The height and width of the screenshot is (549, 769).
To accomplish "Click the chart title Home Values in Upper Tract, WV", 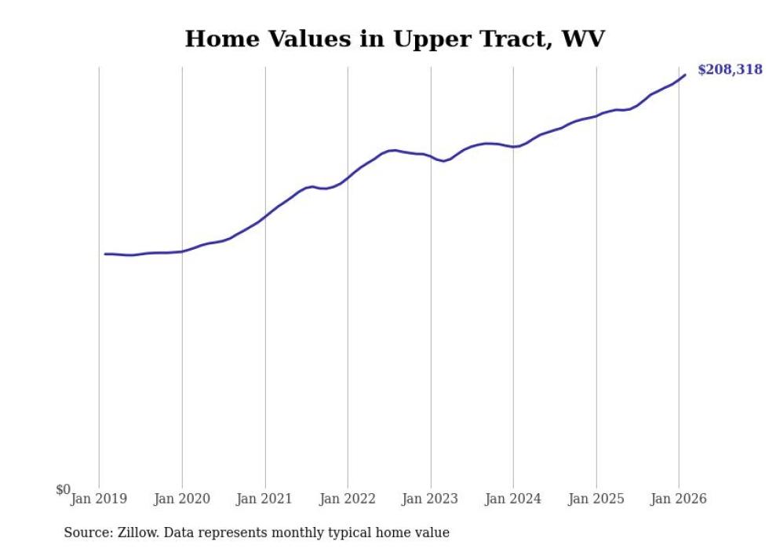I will tap(395, 38).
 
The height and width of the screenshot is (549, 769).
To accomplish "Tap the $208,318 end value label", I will tap(729, 70).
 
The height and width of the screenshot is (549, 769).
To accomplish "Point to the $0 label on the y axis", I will tap(63, 490).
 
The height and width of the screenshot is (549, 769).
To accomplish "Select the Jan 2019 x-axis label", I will tap(99, 499).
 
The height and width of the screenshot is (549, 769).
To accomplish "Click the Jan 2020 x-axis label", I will tap(182, 499).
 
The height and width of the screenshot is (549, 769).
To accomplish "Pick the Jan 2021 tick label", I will tap(265, 499).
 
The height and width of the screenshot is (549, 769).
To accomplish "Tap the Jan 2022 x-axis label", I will tap(348, 499).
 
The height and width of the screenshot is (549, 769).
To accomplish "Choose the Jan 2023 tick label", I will tap(431, 499).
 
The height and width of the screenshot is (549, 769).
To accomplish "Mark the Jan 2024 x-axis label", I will tap(513, 499).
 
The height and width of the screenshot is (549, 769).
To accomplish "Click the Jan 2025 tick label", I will tap(596, 499).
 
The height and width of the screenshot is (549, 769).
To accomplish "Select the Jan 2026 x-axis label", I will tap(679, 499).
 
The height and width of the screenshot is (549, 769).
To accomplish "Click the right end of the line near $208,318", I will tap(685, 75).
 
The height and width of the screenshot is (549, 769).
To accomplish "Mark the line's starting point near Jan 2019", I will tap(105, 254).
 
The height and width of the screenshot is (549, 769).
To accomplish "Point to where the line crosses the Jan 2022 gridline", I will tap(348, 178).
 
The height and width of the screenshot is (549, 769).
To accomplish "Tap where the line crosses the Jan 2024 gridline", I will tap(513, 147).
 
